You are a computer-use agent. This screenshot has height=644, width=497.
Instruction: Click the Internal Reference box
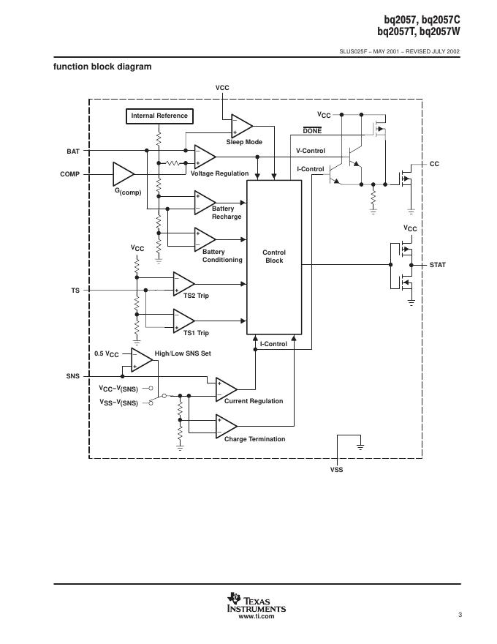coord(159,116)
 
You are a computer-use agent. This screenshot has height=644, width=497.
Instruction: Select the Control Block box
coord(274,256)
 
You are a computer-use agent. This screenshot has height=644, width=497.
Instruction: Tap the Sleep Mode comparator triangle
coord(240,125)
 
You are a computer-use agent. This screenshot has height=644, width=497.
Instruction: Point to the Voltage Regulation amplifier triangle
coord(204,157)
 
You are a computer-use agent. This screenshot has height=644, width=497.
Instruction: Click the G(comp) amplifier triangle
coord(123,174)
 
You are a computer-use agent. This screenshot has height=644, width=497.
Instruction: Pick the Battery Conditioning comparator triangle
coord(204,239)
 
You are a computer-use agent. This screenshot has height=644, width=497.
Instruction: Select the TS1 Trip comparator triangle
coord(183,320)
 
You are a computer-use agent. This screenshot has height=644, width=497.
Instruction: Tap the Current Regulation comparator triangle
coord(225,389)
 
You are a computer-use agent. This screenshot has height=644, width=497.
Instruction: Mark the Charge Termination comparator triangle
coord(225,425)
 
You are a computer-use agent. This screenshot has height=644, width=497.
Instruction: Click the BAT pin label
coord(73,151)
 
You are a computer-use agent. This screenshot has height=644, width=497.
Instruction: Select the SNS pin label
coord(72,375)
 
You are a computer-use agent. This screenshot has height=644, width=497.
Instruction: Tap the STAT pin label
coord(437,264)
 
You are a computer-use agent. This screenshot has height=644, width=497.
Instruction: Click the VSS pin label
coord(337,469)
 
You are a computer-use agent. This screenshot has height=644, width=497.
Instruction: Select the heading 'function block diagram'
coord(102,67)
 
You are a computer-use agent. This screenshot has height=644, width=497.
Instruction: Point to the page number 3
coord(460,615)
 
